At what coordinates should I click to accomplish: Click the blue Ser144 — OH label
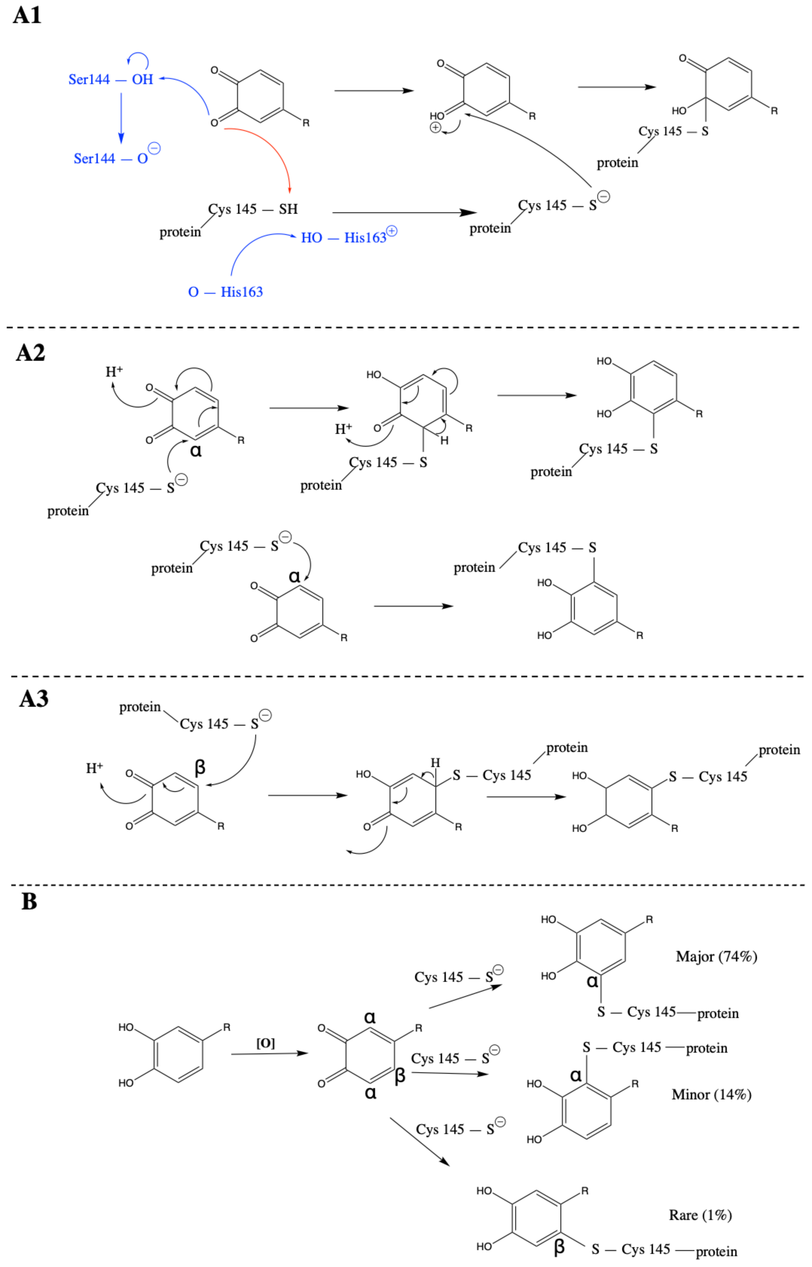(111, 80)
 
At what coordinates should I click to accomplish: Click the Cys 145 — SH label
(253, 209)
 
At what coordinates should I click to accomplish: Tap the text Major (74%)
(716, 956)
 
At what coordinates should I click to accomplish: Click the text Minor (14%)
(711, 1095)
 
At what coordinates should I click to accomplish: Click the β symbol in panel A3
(200, 767)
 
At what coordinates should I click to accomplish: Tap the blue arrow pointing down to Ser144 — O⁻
(121, 119)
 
